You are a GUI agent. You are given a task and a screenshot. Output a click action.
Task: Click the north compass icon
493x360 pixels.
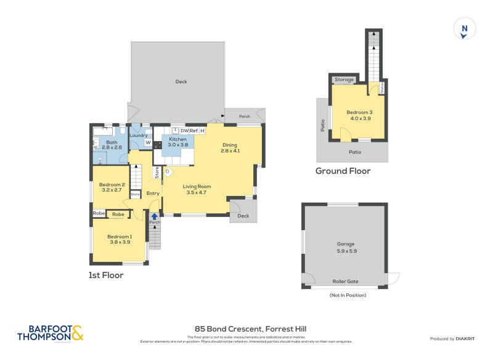click(465, 29)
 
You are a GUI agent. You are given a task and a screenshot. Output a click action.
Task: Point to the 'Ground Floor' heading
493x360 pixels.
click(343, 171)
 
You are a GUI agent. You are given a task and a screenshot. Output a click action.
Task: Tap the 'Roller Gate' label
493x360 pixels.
click(345, 281)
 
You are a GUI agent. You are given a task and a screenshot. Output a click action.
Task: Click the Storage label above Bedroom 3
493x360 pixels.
click(344, 80)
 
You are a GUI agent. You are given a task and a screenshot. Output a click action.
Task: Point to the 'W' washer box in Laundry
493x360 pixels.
click(148, 142)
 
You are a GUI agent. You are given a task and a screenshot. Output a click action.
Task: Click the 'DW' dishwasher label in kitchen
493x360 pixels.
click(184, 131)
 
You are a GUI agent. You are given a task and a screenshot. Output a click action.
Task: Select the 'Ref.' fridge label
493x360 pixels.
click(194, 131)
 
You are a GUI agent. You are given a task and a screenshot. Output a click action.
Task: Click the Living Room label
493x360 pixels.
click(197, 189)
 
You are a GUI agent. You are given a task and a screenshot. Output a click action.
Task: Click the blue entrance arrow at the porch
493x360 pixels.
click(154, 216)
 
